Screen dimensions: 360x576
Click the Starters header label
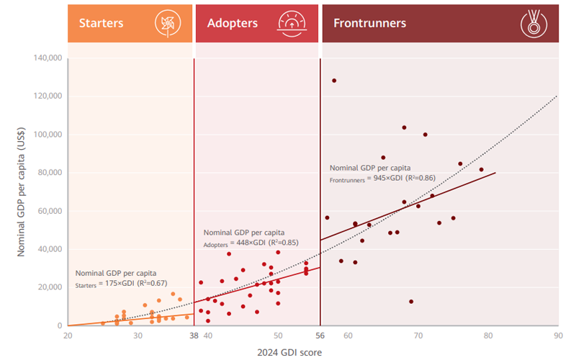click(x=101, y=23)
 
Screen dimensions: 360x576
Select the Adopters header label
click(x=232, y=23)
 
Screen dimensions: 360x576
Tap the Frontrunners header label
click(x=369, y=23)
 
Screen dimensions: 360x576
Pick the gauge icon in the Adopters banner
click(x=292, y=23)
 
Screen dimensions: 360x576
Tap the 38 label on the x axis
click(x=194, y=336)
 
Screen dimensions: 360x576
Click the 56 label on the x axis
click(x=320, y=336)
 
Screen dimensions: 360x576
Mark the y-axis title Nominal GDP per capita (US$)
click(x=21, y=192)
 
